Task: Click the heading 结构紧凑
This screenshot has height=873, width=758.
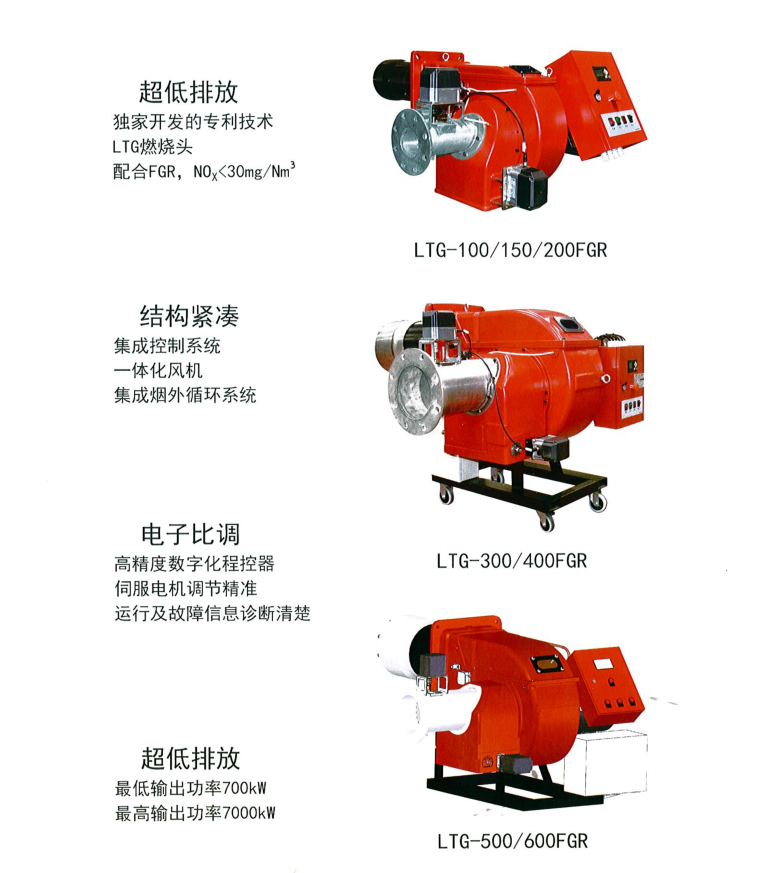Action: (x=189, y=317)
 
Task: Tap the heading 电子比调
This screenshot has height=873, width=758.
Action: (x=189, y=532)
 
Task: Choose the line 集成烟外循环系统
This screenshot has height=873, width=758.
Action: (x=185, y=395)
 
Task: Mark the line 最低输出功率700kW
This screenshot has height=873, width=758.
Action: (x=190, y=787)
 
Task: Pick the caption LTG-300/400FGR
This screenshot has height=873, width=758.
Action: (x=510, y=560)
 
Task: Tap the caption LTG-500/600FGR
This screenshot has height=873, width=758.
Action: (x=511, y=841)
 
